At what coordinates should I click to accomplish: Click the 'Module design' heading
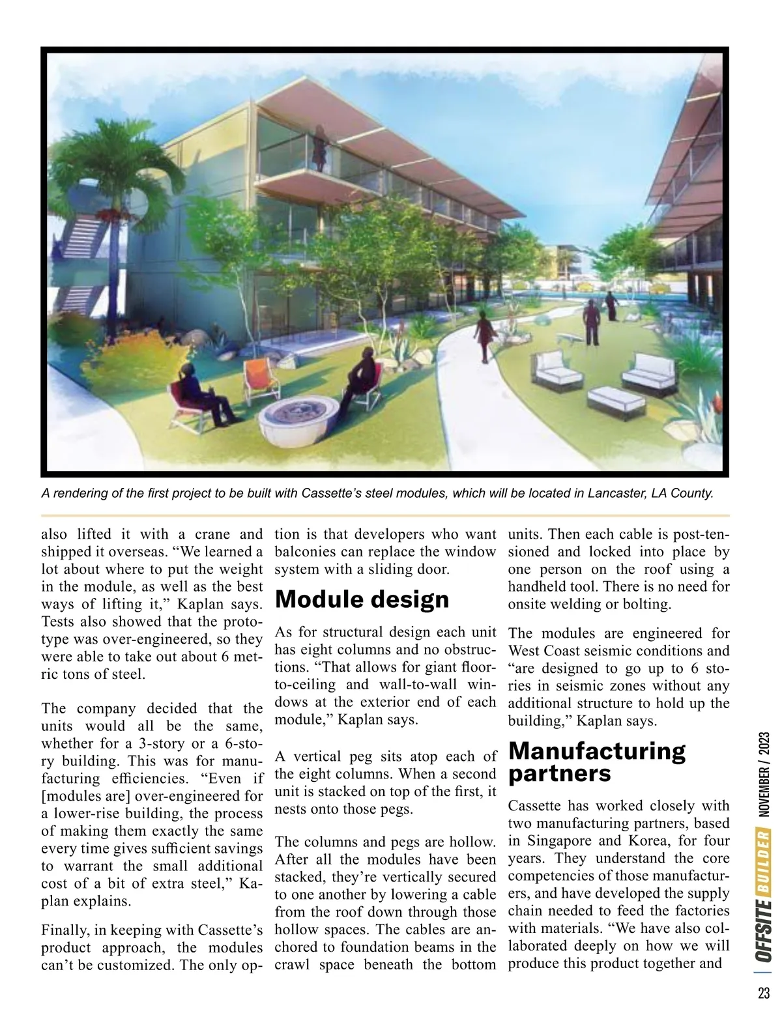click(362, 599)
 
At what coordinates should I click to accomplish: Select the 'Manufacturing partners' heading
click(596, 762)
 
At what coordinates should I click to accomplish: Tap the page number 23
click(764, 994)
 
